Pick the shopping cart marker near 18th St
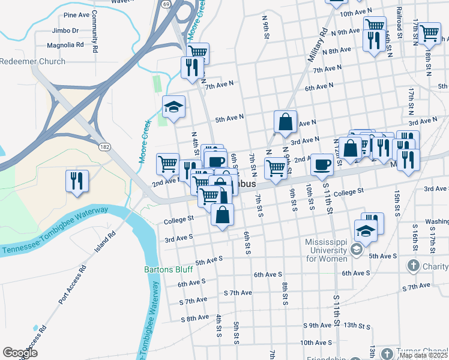click(429, 34)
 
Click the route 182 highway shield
click(104, 146)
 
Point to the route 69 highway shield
click(164, 4)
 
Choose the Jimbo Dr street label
click(67, 30)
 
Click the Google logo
click(20, 353)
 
